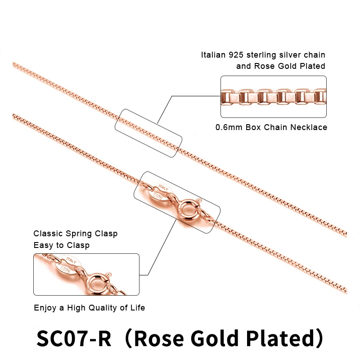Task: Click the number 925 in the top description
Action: (x=237, y=55)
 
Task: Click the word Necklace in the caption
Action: (x=310, y=127)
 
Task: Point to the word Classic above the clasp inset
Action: (x=47, y=234)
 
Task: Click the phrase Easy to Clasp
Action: (x=61, y=245)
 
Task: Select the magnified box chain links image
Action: (x=273, y=97)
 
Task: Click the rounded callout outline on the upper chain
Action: (x=148, y=132)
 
